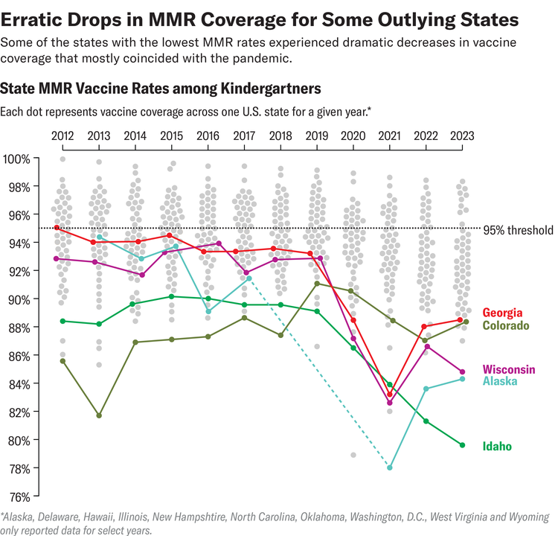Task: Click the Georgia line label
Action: [x=502, y=313]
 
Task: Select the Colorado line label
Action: [x=506, y=326]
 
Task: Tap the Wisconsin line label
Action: [x=510, y=369]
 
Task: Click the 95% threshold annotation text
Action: [x=518, y=230]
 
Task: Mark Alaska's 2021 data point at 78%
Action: [x=390, y=468]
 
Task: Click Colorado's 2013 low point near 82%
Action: [x=99, y=415]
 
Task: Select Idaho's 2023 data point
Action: [x=462, y=445]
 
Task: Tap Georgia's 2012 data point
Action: [x=57, y=228]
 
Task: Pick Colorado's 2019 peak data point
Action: [x=317, y=284]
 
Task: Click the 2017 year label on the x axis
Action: [x=244, y=136]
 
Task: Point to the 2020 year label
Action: [x=353, y=136]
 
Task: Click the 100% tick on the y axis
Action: [x=16, y=159]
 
